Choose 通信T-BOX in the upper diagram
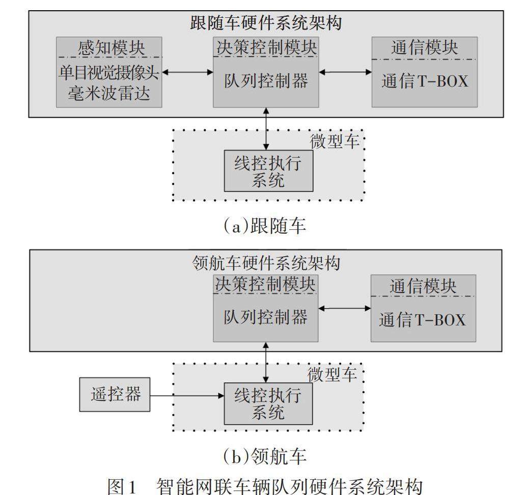click(425, 81)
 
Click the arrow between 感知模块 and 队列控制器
click(187, 73)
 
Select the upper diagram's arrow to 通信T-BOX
click(345, 73)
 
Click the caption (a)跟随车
click(265, 225)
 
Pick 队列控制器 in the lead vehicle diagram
click(265, 317)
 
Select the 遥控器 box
click(115, 394)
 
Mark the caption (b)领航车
click(265, 457)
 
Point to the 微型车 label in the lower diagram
click(335, 373)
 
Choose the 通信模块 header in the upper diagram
click(425, 48)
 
